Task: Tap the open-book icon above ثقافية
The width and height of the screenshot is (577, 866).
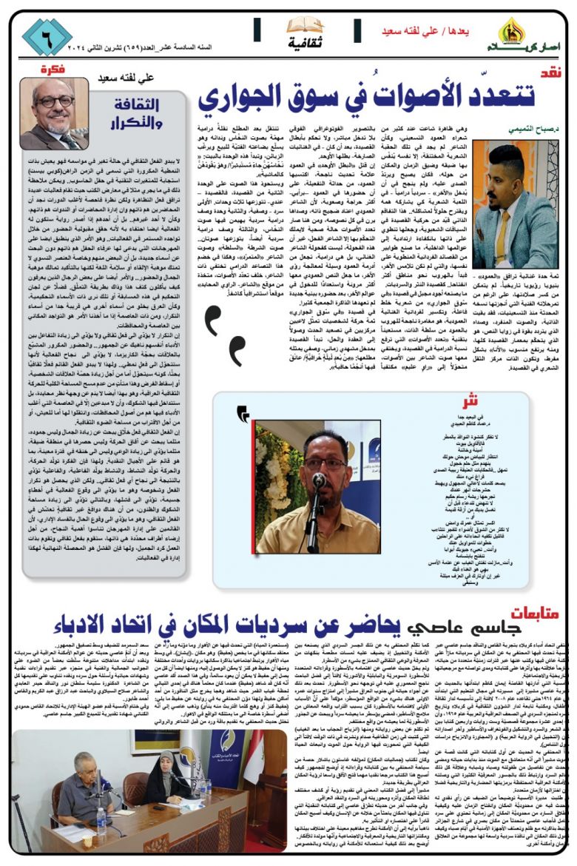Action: click(x=304, y=25)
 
